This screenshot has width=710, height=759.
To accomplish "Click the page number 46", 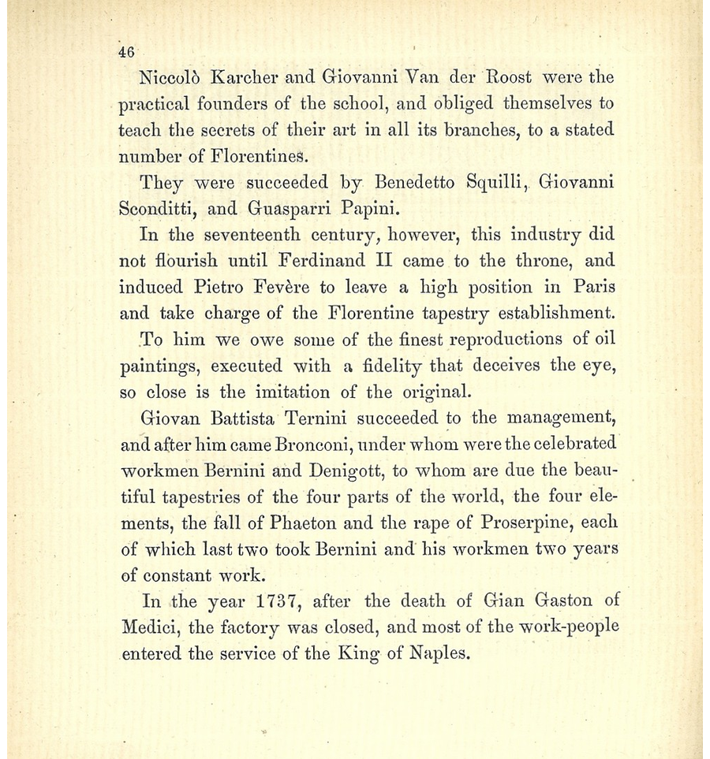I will [126, 53].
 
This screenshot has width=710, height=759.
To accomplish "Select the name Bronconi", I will [316, 445].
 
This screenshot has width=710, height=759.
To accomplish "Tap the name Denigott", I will [346, 471].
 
